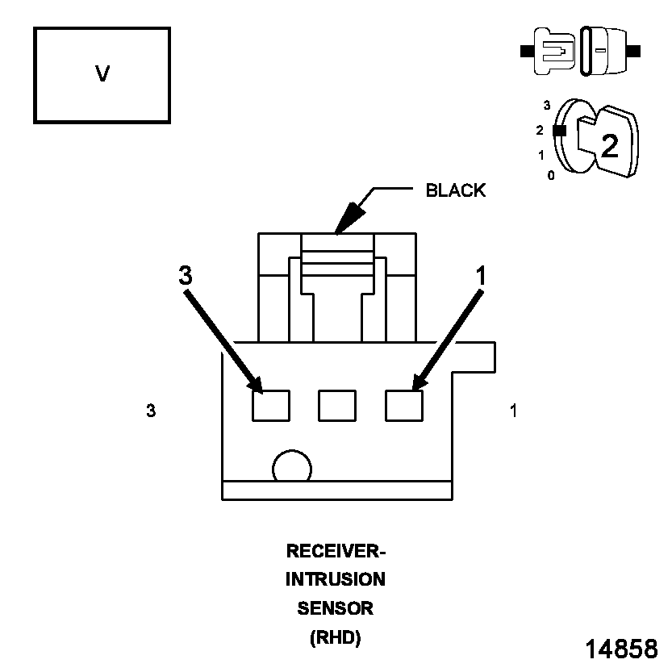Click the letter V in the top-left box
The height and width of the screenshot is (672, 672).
102,74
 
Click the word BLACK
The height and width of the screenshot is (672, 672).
455,190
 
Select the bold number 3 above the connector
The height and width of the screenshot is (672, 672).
186,276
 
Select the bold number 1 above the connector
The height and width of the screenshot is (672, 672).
482,276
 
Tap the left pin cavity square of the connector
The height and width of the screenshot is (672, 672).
271,405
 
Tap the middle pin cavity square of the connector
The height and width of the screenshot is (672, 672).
337,405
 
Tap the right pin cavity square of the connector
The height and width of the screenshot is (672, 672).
404,405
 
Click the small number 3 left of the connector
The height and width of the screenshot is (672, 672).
151,411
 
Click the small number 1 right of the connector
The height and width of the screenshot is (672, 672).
514,411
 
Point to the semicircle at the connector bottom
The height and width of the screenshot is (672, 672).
292,468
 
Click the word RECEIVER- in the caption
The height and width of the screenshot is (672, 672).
336,552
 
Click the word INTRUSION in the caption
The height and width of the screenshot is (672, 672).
336,579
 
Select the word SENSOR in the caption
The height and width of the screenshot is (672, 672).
336,607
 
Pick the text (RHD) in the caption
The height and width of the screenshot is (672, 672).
336,637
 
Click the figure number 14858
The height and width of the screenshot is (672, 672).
620,649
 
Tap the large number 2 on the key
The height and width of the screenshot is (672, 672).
609,145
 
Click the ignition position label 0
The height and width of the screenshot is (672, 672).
551,175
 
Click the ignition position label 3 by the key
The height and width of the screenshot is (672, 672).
547,105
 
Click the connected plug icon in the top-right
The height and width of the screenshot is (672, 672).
581,50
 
